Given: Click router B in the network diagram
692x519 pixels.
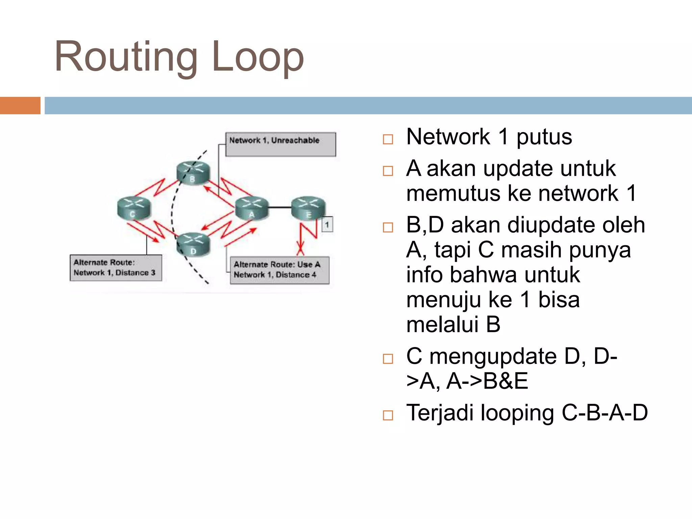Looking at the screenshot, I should tap(193, 172).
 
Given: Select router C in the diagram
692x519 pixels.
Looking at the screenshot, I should tap(134, 208).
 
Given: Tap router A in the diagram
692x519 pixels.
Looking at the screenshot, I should tap(252, 208).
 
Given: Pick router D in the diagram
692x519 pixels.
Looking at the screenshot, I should tap(193, 244).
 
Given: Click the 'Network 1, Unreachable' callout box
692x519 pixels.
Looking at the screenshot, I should tap(280, 144).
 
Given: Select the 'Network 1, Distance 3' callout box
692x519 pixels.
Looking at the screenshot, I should tap(116, 268).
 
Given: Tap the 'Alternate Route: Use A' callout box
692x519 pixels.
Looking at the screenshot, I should tap(279, 270).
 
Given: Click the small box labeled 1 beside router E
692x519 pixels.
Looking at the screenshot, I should tap(327, 224).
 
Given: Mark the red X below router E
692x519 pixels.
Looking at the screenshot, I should tap(300, 249).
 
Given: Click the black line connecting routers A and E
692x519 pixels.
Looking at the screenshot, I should tap(280, 207).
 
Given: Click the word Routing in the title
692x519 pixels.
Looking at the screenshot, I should tap(126, 57).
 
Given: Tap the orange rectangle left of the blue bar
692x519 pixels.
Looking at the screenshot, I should tap(20, 105).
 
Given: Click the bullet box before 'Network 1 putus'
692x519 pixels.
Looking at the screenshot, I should tap(388, 139).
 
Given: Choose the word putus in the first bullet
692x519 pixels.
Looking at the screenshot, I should tap(544, 137).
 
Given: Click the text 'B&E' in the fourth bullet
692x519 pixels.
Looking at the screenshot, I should tap(505, 381).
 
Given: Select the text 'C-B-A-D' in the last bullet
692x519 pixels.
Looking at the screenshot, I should tap(604, 413).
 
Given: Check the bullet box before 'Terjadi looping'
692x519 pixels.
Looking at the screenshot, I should tap(388, 415).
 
